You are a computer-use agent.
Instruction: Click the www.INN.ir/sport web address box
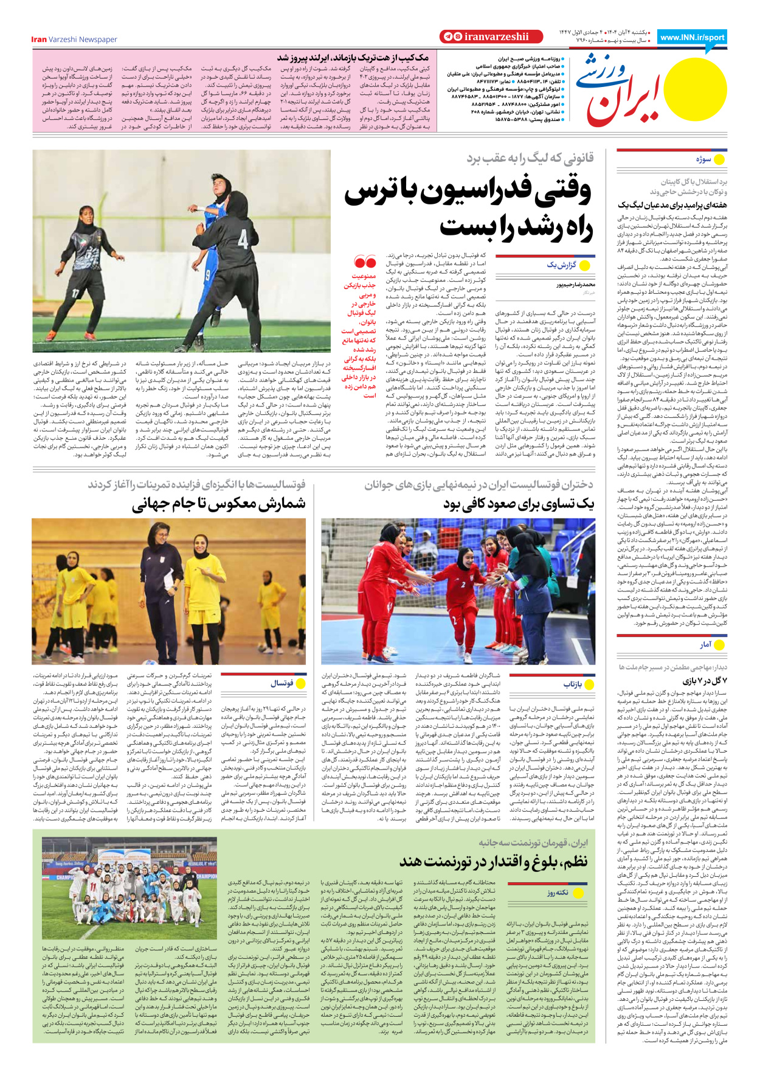point(692,37)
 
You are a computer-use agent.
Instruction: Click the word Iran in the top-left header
point(39,40)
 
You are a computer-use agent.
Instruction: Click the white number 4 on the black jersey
point(243,239)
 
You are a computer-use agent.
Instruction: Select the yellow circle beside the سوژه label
point(719,159)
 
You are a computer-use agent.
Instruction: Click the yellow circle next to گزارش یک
point(586,265)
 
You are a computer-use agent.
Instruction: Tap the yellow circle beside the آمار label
point(719,645)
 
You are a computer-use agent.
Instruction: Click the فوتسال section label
point(282,683)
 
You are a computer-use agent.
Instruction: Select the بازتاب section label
point(573,684)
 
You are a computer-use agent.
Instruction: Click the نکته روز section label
point(557,893)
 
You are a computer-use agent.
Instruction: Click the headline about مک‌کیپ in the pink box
point(353,58)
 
